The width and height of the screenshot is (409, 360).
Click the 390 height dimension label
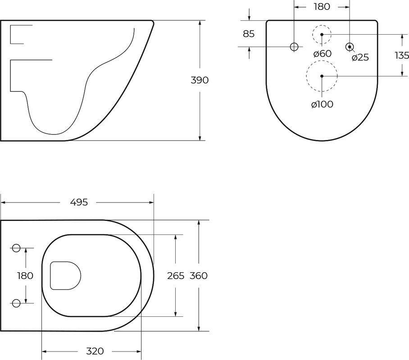(200, 80)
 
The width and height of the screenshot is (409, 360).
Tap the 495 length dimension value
(79, 202)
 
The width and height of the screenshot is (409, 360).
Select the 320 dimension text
(95, 351)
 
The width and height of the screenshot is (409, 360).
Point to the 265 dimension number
(176, 275)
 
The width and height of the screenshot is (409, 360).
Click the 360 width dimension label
(199, 275)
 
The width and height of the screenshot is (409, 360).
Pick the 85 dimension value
(249, 34)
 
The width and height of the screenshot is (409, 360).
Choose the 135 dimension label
(402, 55)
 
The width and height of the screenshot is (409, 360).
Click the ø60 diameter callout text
(323, 54)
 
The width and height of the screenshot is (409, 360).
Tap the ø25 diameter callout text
(360, 57)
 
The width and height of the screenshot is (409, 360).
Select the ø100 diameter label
(322, 104)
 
